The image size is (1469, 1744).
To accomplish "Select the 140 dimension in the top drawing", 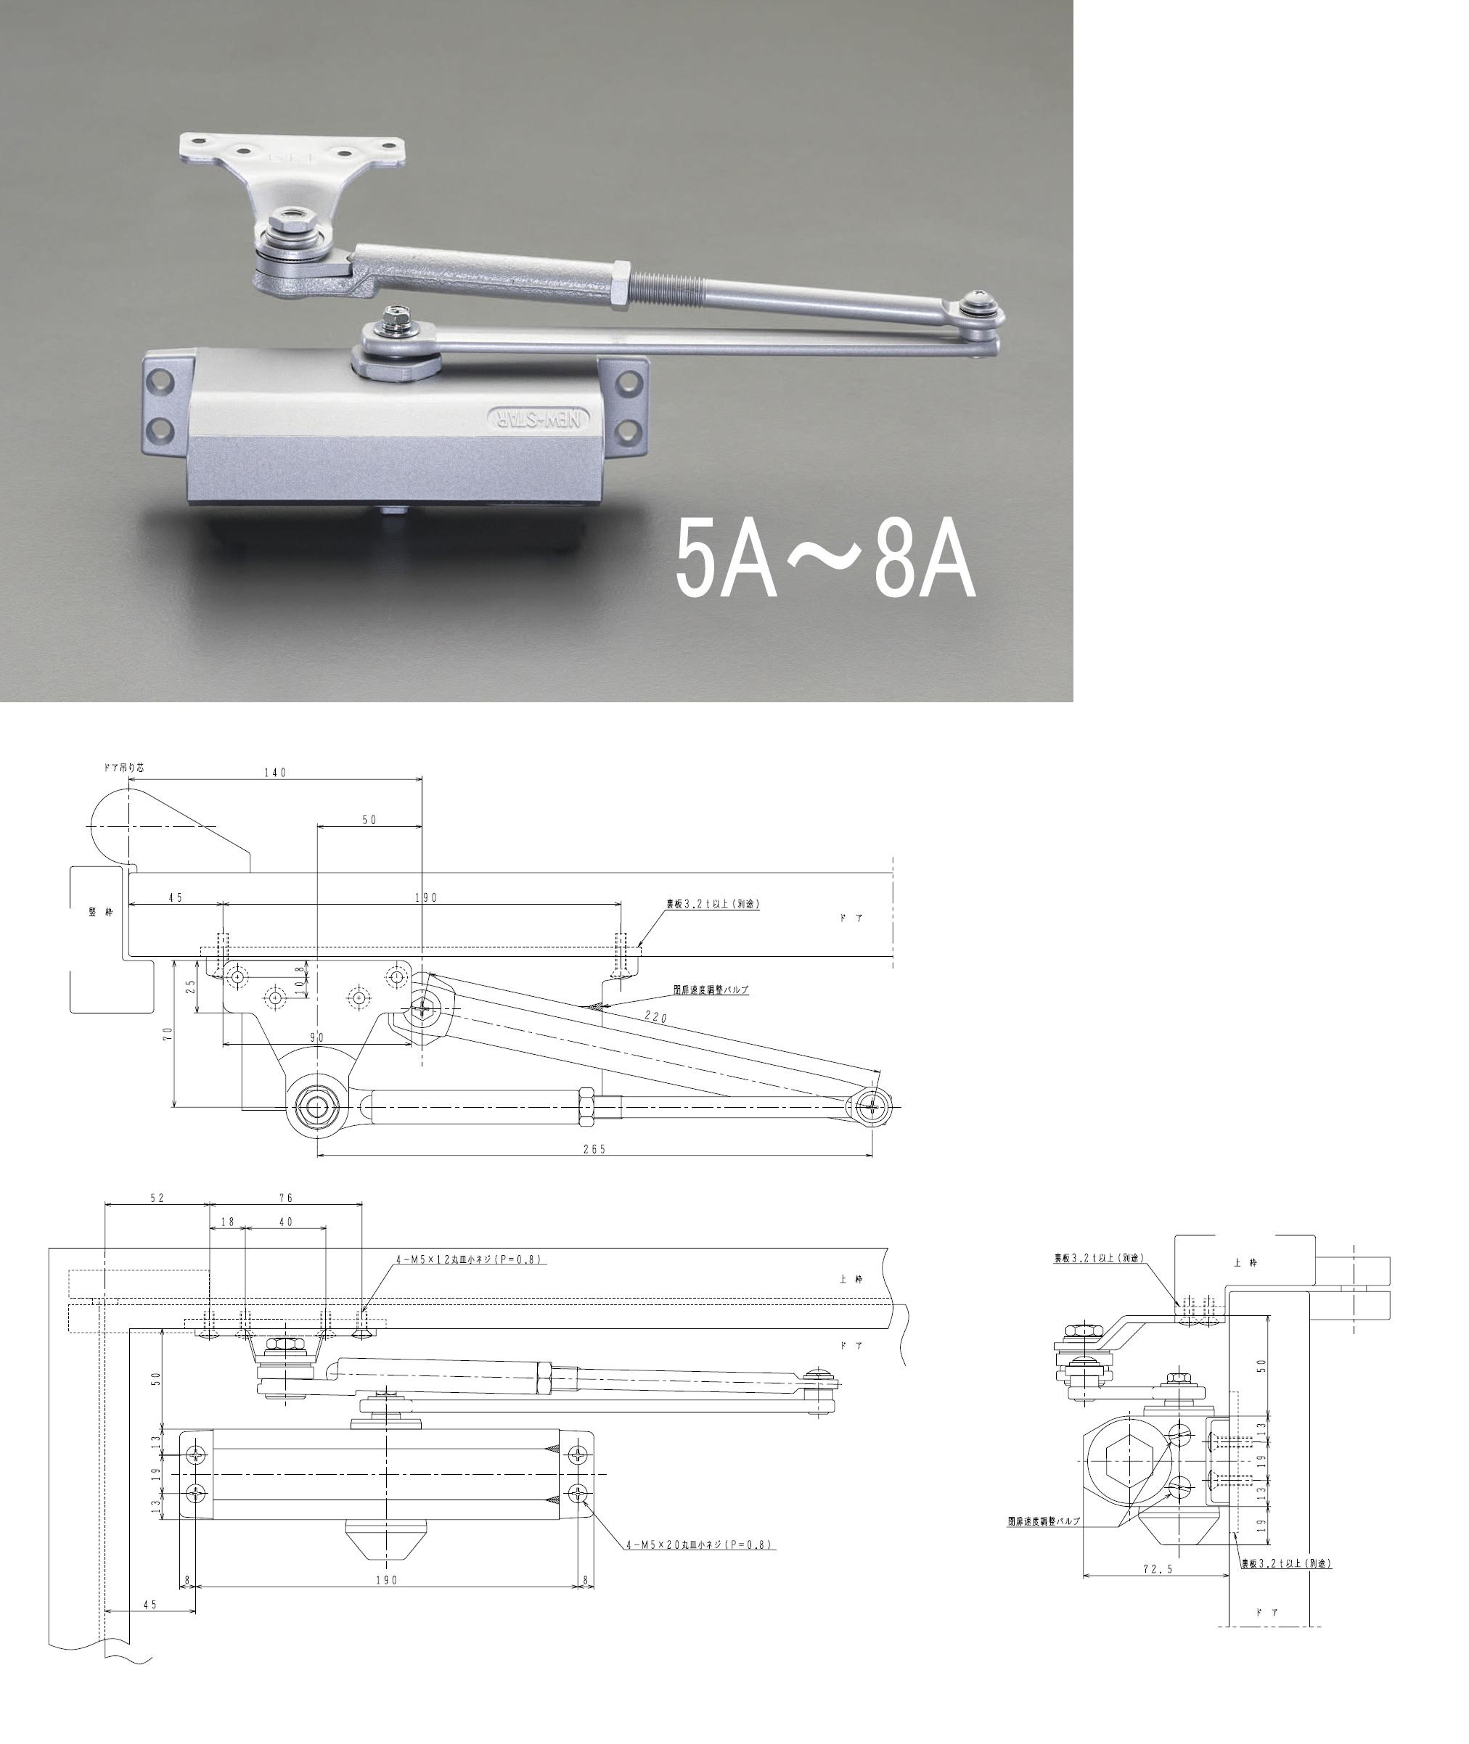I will (275, 773).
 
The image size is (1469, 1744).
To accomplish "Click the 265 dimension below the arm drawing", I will (594, 1150).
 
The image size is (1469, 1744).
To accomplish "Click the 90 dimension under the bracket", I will (316, 1038).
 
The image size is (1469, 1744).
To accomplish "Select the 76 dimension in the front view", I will (286, 1198).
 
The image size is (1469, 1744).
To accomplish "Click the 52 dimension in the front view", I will (157, 1198).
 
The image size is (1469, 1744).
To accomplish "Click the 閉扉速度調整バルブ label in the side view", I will (1044, 1520).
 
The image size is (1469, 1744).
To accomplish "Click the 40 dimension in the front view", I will (286, 1222).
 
